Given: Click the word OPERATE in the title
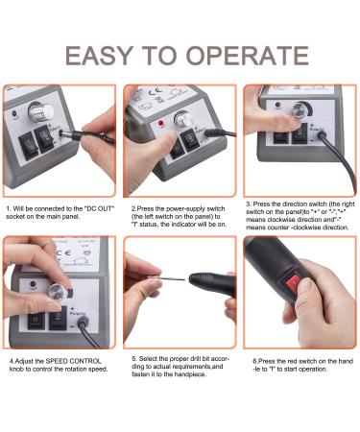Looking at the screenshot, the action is pos(247,56).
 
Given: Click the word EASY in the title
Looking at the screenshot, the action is pos(99,56).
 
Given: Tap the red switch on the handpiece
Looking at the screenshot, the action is pos(293,284).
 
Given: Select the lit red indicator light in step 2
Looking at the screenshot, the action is pos(161,123).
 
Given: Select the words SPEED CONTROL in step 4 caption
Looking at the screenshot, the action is pos(73,361).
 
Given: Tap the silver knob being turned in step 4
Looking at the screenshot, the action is pos(57,291).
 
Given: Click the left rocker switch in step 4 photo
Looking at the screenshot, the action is pos(36,321).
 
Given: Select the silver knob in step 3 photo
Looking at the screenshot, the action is pos(300,109).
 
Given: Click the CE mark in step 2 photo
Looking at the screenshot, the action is pos(155,93).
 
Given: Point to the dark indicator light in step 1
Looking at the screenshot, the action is pos(14,113).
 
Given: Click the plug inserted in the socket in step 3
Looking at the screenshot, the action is pos(322,135).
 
